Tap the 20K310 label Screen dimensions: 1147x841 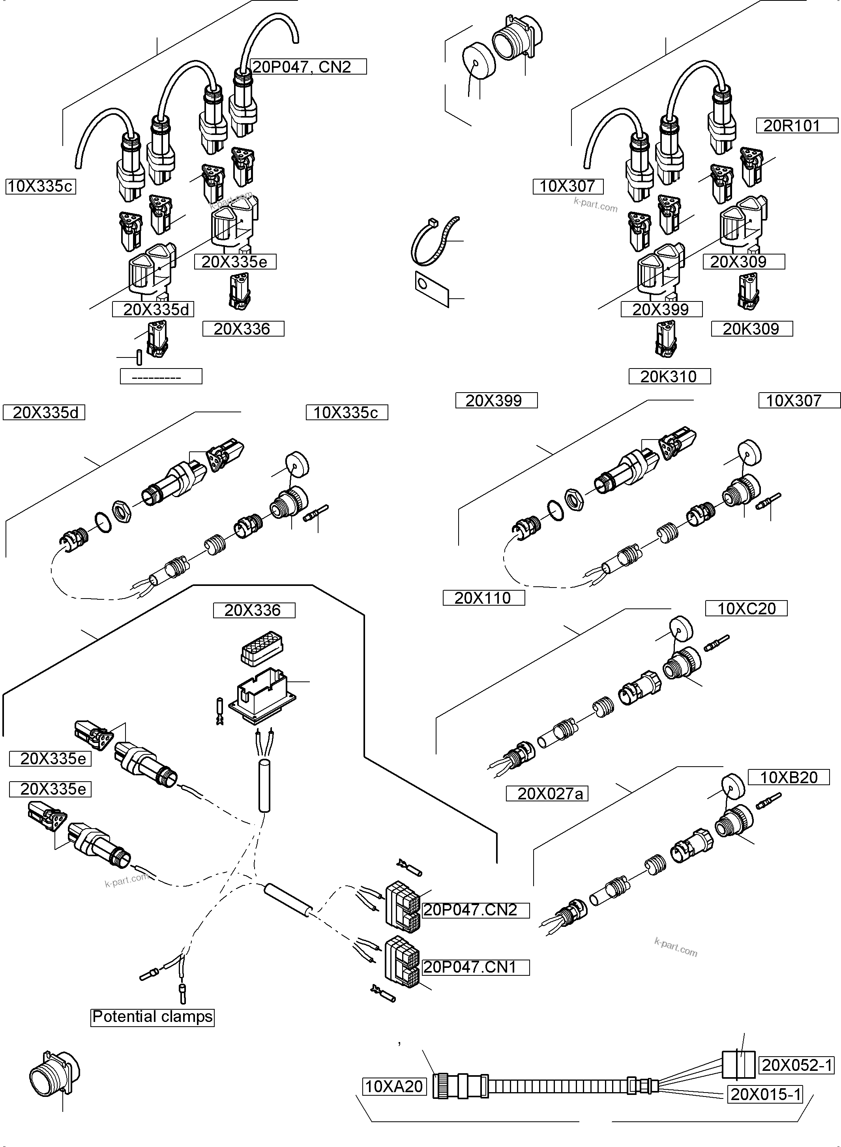tap(669, 376)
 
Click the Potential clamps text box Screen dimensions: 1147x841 tap(152, 1016)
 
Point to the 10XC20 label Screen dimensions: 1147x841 tap(746, 608)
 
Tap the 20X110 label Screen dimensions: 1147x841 tap(483, 597)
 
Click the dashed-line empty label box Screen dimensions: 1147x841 tap(161, 376)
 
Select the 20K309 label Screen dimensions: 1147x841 tap(751, 329)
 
